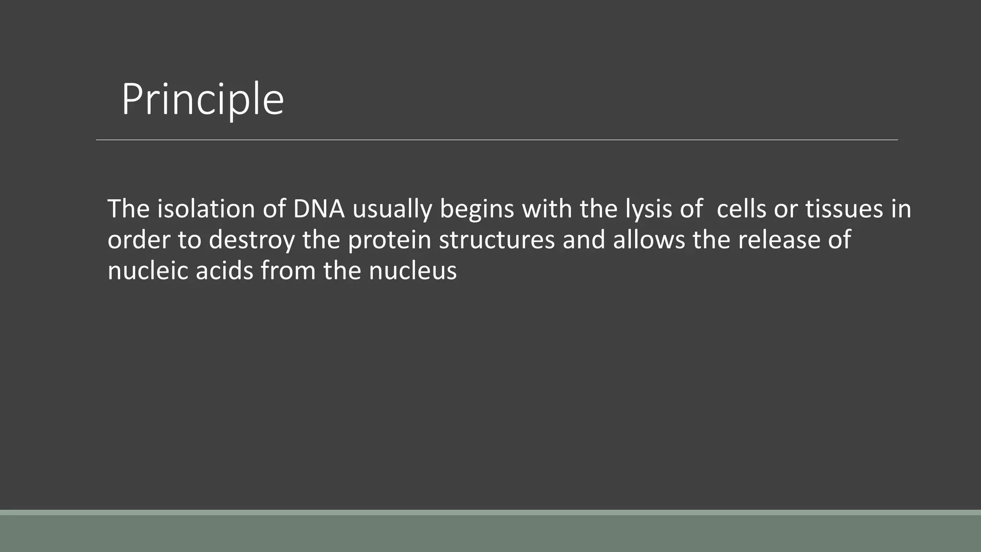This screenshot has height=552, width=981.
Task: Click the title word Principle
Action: tap(203, 100)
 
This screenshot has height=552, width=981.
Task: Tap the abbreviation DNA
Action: tap(319, 209)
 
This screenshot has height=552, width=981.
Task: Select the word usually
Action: tap(392, 210)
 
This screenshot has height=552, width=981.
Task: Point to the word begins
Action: tap(477, 210)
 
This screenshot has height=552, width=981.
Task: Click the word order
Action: tap(138, 240)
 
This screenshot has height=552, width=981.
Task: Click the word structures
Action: tap(497, 240)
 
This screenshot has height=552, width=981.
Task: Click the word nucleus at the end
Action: tap(412, 271)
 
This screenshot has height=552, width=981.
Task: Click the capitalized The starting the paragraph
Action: tap(128, 209)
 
